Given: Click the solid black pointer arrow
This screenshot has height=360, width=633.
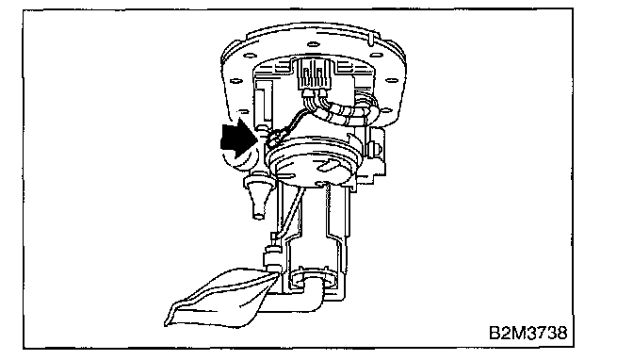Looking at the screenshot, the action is click(x=238, y=139).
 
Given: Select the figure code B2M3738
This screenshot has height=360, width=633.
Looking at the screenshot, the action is click(x=528, y=333).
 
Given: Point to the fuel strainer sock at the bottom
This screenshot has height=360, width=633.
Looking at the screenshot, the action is click(x=220, y=298).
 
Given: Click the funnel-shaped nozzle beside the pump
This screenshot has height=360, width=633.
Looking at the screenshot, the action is click(x=258, y=195).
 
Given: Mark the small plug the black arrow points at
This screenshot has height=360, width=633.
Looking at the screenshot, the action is click(x=275, y=138).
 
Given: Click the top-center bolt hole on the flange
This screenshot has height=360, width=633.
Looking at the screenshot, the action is click(x=314, y=44).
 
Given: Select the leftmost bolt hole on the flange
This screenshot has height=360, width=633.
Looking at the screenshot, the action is click(x=235, y=81).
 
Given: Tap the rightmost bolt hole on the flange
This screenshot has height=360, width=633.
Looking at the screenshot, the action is click(x=391, y=80).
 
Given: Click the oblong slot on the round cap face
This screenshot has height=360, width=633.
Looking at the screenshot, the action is click(x=328, y=165).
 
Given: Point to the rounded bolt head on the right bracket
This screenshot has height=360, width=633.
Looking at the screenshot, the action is click(x=377, y=149).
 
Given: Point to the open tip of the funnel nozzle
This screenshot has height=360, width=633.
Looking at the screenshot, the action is click(x=258, y=216).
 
